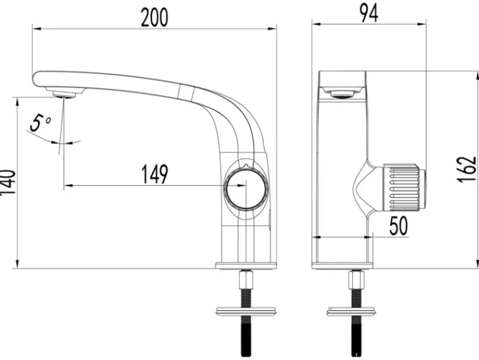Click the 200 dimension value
tap(154, 17)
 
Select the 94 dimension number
tap(369, 13)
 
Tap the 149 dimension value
tap(154, 174)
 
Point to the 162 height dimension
tap(467, 170)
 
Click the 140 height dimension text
tap(7, 182)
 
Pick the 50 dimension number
tap(399, 225)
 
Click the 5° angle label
tap(40, 123)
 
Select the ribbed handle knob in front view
tap(404, 187)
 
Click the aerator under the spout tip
tap(64, 94)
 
